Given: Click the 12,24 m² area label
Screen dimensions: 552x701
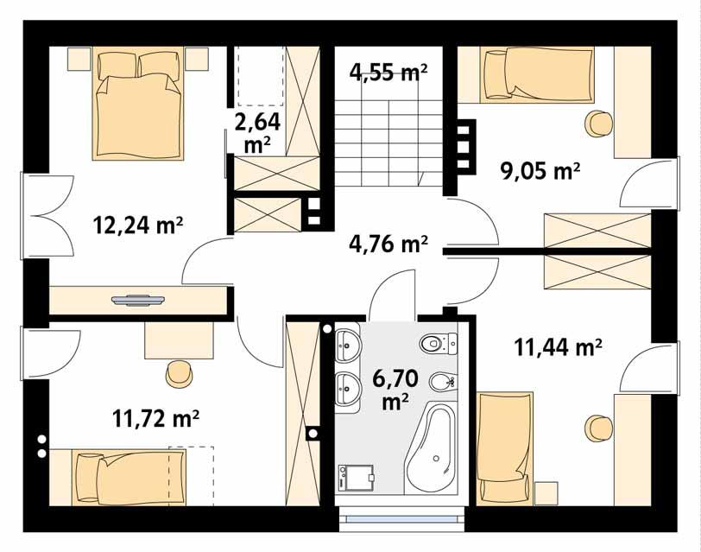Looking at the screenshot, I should point(137,225).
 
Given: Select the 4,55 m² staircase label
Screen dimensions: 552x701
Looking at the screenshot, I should point(389,72).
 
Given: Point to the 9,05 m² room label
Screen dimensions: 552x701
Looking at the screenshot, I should point(540,170).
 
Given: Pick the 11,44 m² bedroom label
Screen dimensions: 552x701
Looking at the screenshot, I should point(558,347).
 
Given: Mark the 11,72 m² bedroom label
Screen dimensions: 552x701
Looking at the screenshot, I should point(156,419).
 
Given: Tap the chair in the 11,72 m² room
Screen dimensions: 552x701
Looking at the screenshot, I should point(180,373).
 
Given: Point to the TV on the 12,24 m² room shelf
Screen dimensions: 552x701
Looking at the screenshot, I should point(137,300).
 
